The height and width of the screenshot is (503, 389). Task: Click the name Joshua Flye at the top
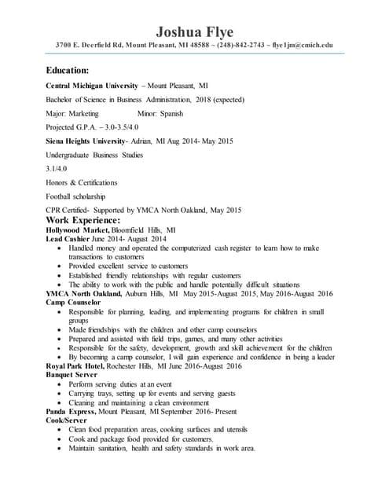[194, 31]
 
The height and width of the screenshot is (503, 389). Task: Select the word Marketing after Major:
[94, 114]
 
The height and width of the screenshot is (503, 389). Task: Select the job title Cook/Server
[67, 420]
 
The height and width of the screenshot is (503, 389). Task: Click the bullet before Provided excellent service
[61, 266]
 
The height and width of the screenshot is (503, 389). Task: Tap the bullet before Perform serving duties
[61, 384]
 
